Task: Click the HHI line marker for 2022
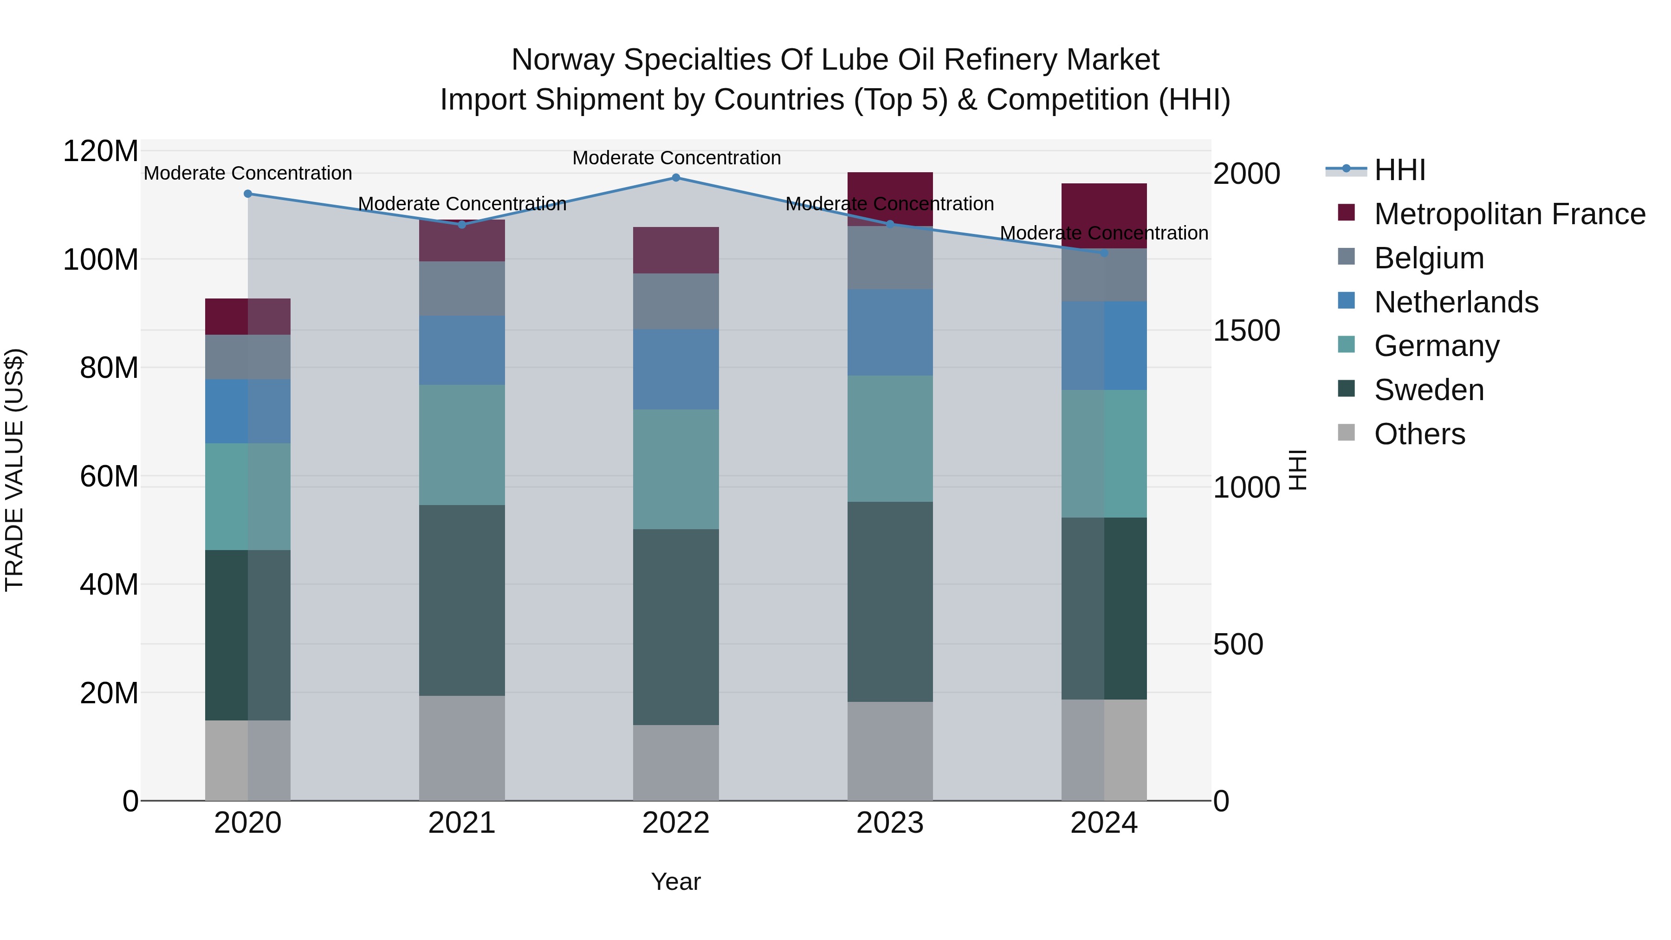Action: tap(675, 178)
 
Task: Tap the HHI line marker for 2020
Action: tap(248, 193)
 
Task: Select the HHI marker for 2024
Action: tap(1104, 253)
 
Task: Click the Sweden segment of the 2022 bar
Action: tap(675, 627)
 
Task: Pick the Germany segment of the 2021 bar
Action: tap(462, 445)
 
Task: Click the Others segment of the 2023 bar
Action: tap(890, 751)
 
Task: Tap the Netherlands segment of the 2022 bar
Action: tap(675, 369)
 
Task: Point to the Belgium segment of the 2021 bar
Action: tap(462, 289)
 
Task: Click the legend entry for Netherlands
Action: tap(1456, 302)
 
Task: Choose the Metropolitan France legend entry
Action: tap(1509, 214)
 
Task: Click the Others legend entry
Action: tap(1419, 434)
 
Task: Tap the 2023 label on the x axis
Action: tap(890, 823)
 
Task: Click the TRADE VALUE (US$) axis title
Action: tap(14, 470)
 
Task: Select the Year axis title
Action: tap(675, 882)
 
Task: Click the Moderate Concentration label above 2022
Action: tap(676, 158)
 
